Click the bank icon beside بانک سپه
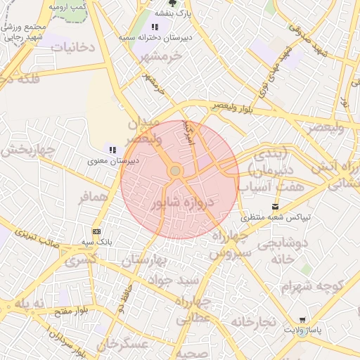pyautogui.click(x=96, y=231)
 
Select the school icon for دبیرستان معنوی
pyautogui.click(x=112, y=149)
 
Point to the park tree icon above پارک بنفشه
pyautogui.click(x=173, y=3)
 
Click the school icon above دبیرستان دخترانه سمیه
pyautogui.click(x=155, y=27)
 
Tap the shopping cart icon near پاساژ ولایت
pyautogui.click(x=302, y=320)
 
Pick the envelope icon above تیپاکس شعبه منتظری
pyautogui.click(x=275, y=207)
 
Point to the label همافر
pyautogui.click(x=92, y=199)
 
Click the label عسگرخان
pyautogui.click(x=124, y=344)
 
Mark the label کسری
pyautogui.click(x=81, y=261)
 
